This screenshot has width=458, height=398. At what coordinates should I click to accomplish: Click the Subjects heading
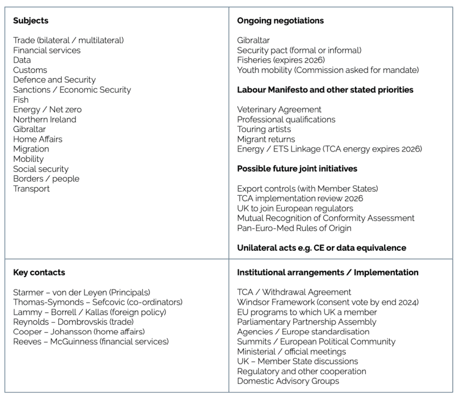[x=31, y=21]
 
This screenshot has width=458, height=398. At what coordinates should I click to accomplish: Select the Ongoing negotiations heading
[x=280, y=21]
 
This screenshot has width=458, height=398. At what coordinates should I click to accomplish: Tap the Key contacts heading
[x=39, y=273]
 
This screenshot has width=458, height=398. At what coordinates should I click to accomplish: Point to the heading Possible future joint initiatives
[x=297, y=169]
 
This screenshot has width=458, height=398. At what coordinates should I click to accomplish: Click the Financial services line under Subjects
[x=47, y=50]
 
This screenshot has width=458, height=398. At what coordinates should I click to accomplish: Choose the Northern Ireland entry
[x=45, y=119]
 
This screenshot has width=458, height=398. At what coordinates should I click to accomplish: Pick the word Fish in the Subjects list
[x=21, y=100]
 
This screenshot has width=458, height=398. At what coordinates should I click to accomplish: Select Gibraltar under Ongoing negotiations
[x=253, y=40]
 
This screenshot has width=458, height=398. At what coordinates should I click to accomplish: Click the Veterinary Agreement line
[x=279, y=109]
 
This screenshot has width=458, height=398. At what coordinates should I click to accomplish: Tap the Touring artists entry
[x=264, y=129]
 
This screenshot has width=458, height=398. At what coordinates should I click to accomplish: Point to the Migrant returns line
[x=266, y=139]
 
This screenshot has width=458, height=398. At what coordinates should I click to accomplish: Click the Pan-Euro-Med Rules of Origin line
[x=294, y=228]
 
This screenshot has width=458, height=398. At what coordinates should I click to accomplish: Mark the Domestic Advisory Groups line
[x=288, y=381]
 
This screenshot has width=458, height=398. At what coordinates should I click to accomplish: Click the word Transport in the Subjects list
[x=31, y=189]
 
